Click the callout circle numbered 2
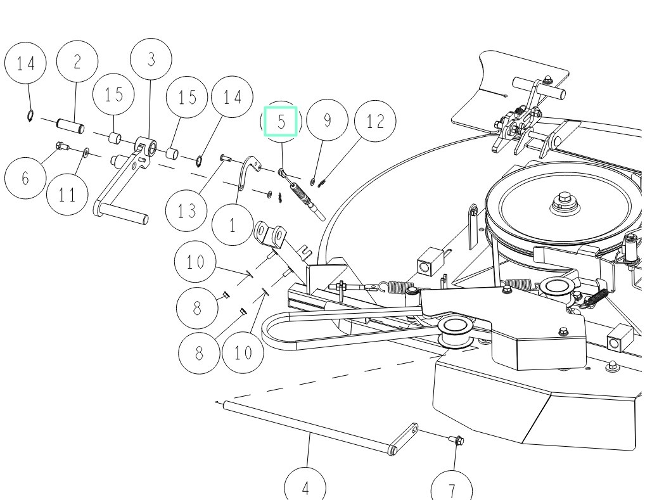(77, 63)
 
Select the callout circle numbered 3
(151, 60)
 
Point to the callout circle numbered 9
(327, 121)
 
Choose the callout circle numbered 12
(375, 121)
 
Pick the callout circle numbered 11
(68, 194)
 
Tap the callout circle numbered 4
(305, 487)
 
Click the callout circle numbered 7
(452, 490)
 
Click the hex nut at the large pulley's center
(563, 203)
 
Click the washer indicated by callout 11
(86, 152)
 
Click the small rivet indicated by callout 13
(224, 157)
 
